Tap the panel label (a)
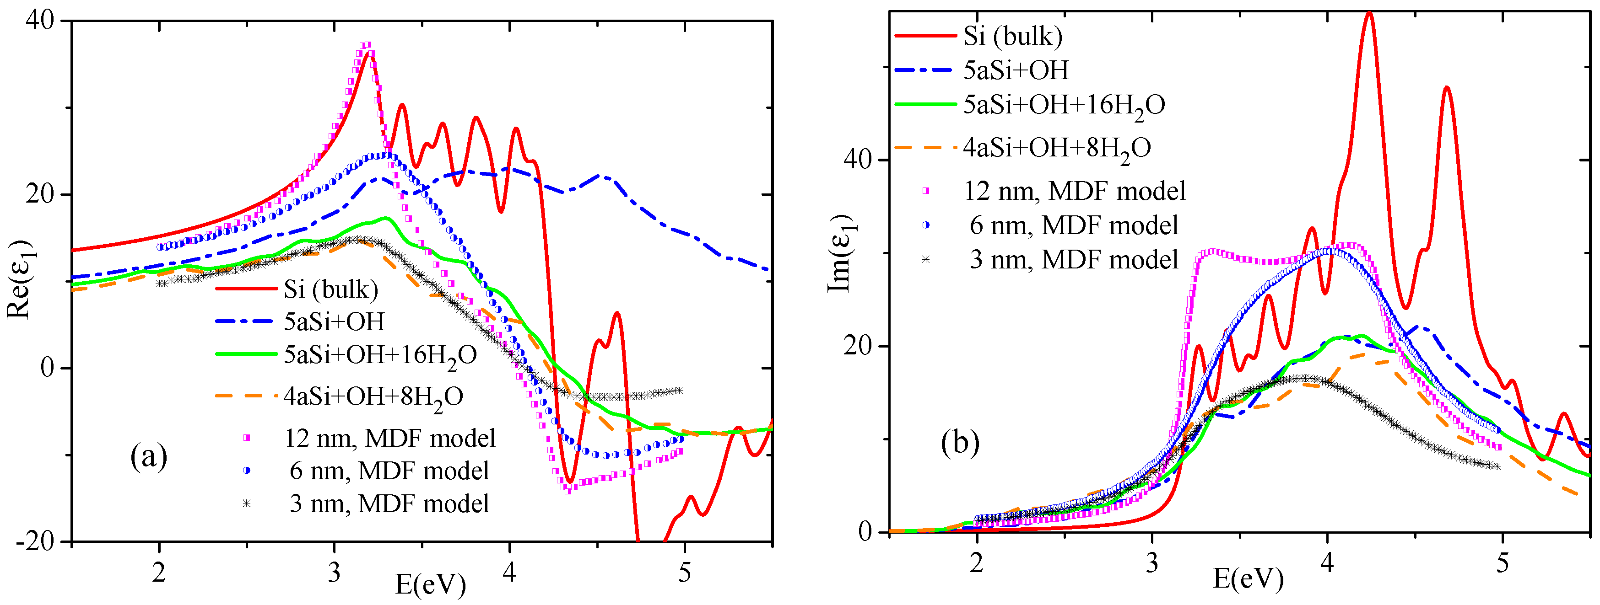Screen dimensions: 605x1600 [x=149, y=457]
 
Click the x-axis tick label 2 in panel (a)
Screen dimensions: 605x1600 [x=159, y=572]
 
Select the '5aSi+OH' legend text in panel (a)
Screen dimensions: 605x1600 [x=334, y=321]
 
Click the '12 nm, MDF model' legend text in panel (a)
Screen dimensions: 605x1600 [x=390, y=438]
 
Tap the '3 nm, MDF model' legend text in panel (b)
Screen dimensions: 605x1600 [x=1074, y=259]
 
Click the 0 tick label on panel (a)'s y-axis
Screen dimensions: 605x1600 [x=47, y=368]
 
